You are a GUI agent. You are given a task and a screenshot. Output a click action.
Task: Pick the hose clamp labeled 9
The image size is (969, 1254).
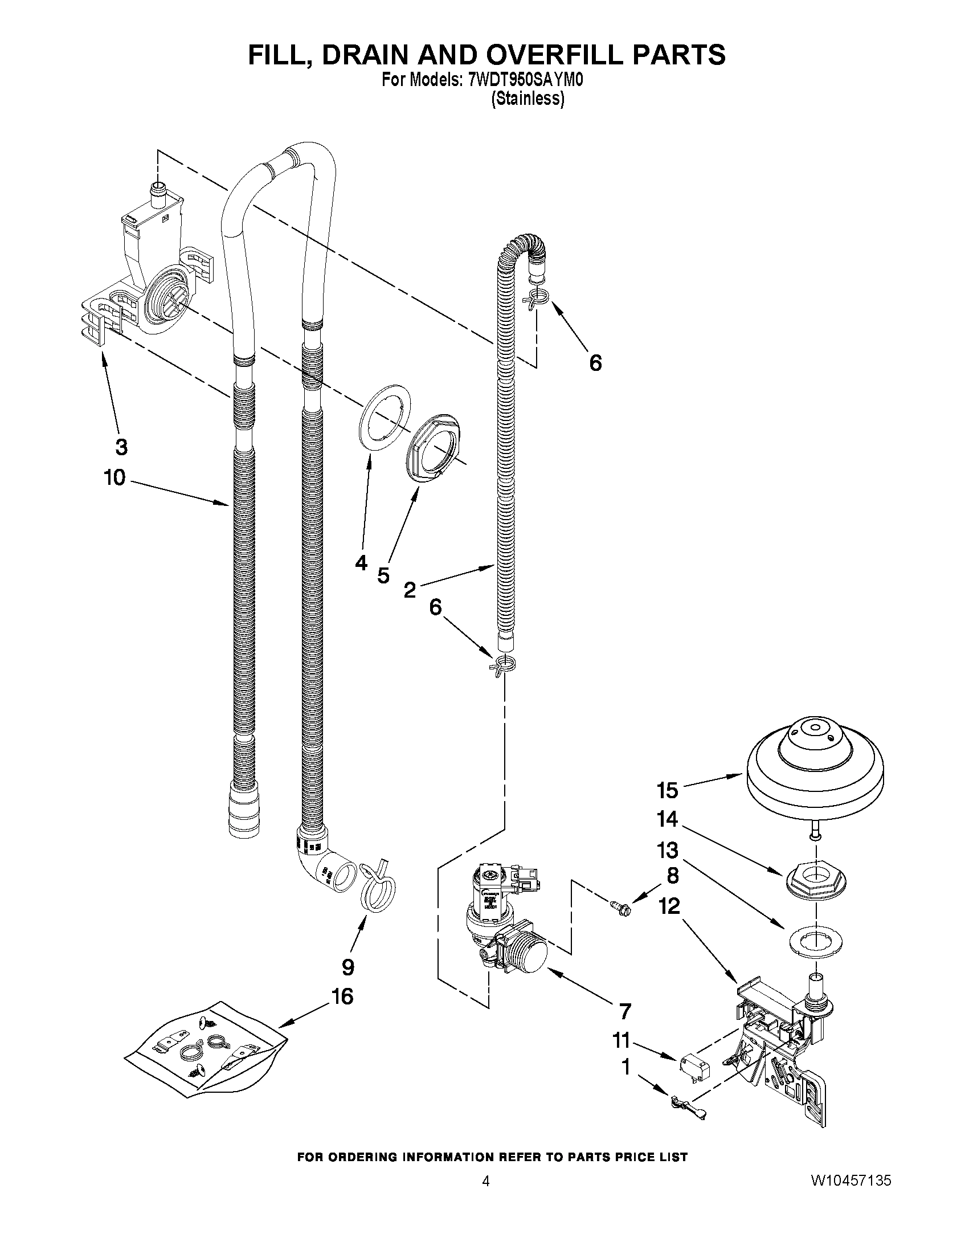point(378,889)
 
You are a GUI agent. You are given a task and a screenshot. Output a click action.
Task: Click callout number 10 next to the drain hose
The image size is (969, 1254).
point(115,477)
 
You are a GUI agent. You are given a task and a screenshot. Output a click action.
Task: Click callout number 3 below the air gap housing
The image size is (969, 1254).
point(121,447)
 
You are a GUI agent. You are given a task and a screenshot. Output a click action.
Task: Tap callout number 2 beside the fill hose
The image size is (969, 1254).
point(409,590)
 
